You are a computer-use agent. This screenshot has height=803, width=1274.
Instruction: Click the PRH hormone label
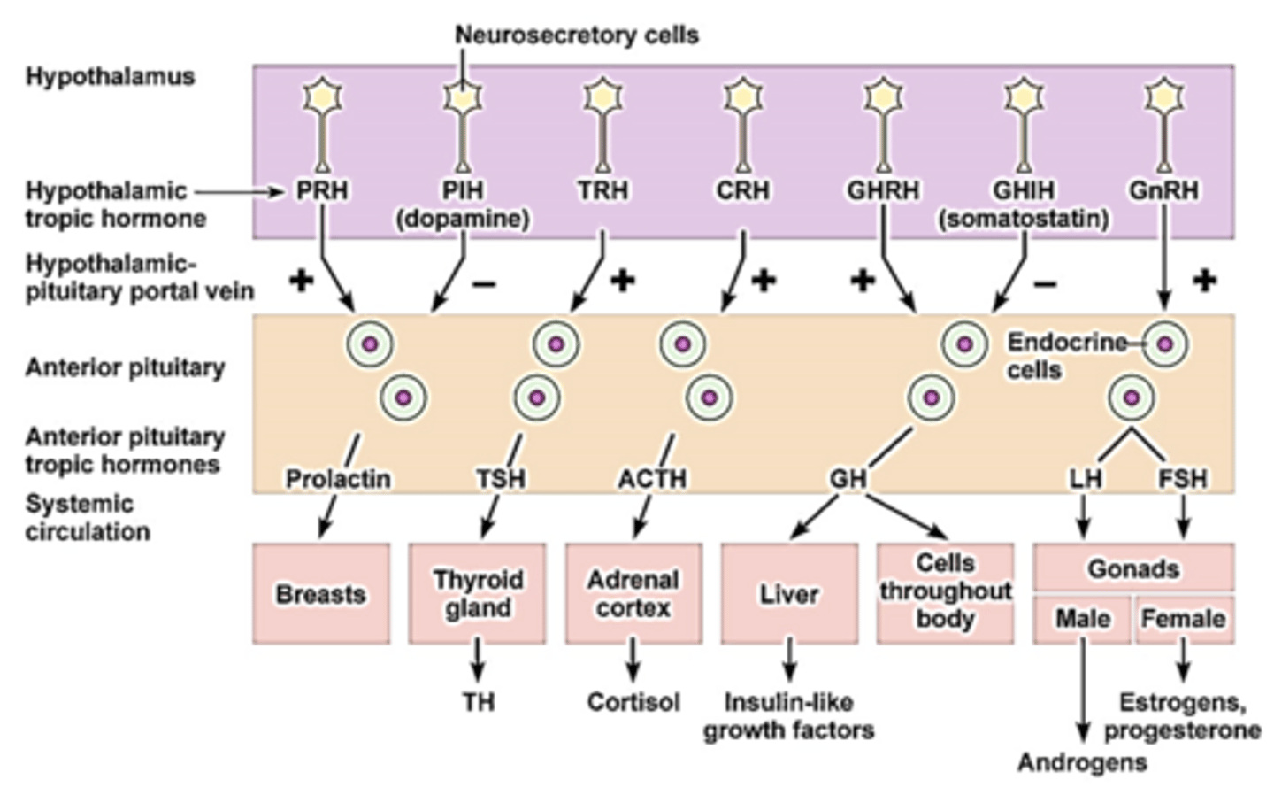click(x=322, y=190)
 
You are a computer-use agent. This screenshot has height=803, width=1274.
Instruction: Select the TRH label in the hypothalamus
click(x=602, y=190)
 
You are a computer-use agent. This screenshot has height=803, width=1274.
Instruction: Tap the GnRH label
click(x=1163, y=190)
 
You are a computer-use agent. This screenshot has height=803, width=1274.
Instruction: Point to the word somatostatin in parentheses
click(x=1024, y=219)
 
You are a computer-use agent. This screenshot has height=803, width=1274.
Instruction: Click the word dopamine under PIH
click(x=463, y=219)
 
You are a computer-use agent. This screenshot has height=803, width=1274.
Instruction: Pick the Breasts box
click(x=321, y=593)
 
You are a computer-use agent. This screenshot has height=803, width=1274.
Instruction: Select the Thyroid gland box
click(x=477, y=593)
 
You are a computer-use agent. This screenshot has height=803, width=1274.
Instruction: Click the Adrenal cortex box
click(x=633, y=593)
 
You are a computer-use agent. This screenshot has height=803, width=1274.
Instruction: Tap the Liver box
click(x=789, y=593)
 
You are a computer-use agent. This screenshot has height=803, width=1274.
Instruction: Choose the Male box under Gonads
click(x=1082, y=620)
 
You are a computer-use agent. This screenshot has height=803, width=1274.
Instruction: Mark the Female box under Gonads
click(x=1185, y=620)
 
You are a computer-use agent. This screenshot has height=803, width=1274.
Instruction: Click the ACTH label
click(x=652, y=479)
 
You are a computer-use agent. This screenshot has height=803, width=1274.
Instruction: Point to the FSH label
click(x=1183, y=479)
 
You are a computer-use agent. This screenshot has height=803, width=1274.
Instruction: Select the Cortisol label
click(x=633, y=702)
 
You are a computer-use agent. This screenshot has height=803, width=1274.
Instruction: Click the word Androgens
click(x=1082, y=762)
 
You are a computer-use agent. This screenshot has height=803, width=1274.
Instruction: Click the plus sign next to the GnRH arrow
click(x=1204, y=280)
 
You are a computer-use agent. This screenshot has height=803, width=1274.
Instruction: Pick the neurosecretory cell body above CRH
click(x=743, y=97)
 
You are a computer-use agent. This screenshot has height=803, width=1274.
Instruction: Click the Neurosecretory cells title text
click(x=577, y=35)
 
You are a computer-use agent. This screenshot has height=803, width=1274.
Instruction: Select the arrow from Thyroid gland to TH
click(x=477, y=660)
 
